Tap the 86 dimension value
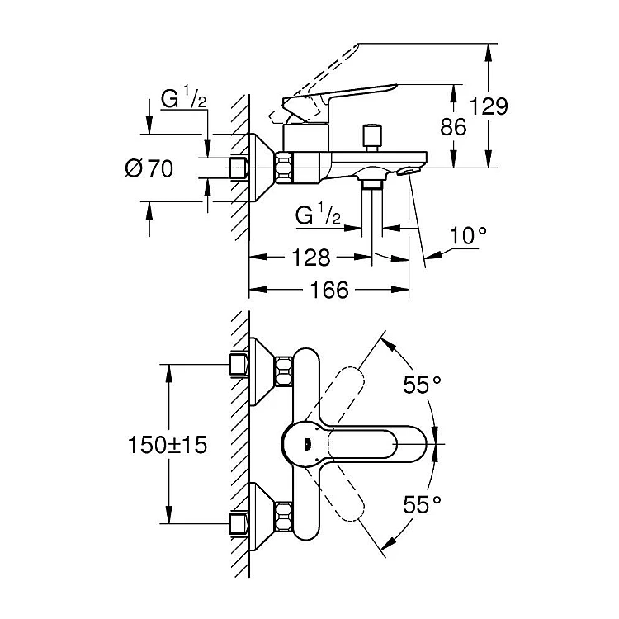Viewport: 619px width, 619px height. point(455,126)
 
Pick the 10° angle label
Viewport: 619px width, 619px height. point(468,236)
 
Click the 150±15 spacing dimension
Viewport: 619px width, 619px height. point(167,446)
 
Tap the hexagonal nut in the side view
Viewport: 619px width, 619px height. point(286,168)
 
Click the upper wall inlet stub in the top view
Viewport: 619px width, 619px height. point(238,363)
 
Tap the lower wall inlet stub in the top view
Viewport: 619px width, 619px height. point(238,524)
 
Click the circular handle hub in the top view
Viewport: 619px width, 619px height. point(305,445)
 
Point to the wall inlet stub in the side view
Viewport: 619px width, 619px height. point(239,168)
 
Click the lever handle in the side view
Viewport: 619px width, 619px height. point(347,95)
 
